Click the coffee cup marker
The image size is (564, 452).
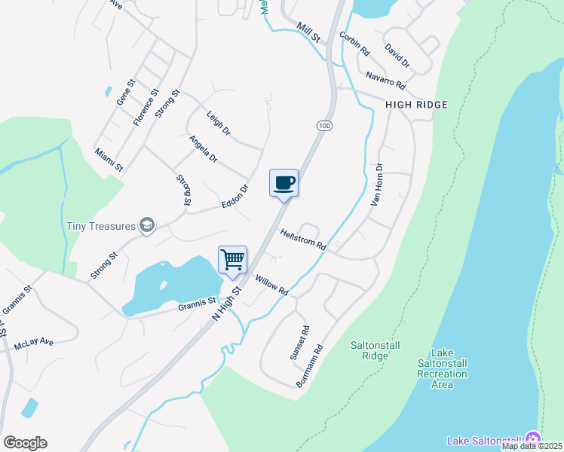tap(284, 183)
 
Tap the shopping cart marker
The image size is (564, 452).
tap(233, 260)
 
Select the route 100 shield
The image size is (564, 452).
tap(323, 126)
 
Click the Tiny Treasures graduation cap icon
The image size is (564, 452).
tap(147, 225)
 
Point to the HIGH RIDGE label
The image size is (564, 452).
tap(417, 105)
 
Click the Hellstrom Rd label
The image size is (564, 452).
tap(303, 240)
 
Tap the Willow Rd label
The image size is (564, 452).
tap(272, 286)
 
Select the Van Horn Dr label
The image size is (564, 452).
tap(377, 185)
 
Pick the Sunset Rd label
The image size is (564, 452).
tap(300, 342)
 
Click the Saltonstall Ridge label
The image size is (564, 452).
tap(369, 350)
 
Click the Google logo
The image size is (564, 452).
tap(25, 443)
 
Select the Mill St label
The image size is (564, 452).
tap(308, 32)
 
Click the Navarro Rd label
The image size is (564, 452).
tap(386, 77)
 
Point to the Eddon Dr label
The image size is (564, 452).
tap(234, 198)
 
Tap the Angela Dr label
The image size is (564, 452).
tap(203, 149)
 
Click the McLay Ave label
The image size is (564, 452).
tap(34, 343)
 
